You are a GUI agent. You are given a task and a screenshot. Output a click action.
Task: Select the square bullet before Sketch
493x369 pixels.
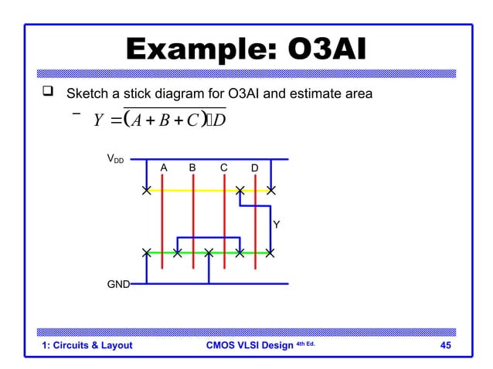[x=49, y=94]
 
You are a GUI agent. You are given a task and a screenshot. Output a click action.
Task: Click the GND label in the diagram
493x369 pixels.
[x=117, y=284]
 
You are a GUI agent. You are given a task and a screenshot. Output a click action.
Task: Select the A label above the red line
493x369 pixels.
[x=163, y=168]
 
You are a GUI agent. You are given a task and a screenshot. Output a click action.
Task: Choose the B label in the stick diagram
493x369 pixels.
[x=192, y=168]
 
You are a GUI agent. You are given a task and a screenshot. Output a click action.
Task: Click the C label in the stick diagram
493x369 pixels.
[x=223, y=168]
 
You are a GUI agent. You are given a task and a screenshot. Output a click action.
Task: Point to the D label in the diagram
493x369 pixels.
[x=255, y=168]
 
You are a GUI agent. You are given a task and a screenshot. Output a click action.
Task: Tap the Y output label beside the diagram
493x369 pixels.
[x=276, y=225]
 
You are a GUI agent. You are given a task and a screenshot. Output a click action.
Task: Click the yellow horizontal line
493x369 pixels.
[x=193, y=190]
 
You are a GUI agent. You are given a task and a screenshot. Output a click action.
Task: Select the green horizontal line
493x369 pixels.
[x=193, y=252]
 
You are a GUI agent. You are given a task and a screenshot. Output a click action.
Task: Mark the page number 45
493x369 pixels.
[x=445, y=345]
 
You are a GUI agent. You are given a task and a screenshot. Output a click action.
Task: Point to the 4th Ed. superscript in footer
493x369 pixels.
[x=306, y=343]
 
